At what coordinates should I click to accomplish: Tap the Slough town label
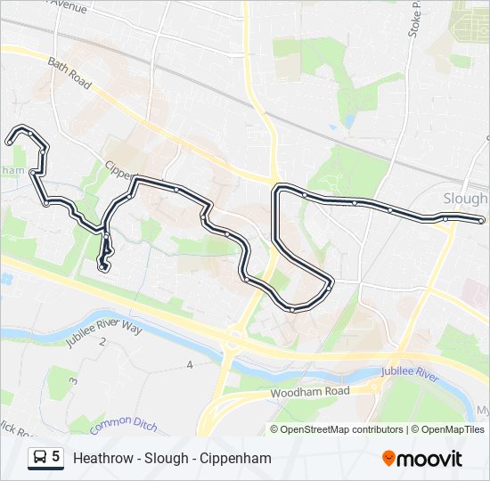click(x=464, y=199)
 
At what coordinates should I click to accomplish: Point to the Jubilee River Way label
click(x=103, y=332)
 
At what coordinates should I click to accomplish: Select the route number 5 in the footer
click(x=56, y=458)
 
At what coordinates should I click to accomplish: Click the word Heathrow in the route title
click(x=103, y=459)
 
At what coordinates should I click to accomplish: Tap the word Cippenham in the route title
click(x=239, y=459)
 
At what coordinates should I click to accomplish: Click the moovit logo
click(x=422, y=459)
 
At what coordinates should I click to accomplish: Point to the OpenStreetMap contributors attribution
click(x=337, y=429)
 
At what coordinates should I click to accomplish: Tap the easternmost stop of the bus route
click(x=481, y=220)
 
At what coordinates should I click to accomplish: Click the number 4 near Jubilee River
click(x=190, y=365)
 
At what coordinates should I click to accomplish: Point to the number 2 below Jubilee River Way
click(x=103, y=343)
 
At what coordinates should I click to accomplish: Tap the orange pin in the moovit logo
click(x=388, y=459)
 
